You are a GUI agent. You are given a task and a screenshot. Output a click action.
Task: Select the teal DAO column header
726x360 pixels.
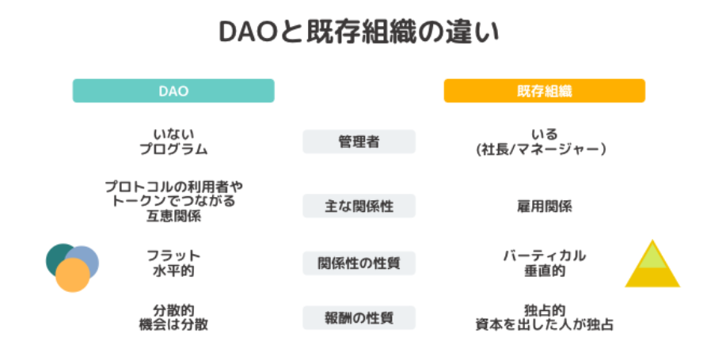173,91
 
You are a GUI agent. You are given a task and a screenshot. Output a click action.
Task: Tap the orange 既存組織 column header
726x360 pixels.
545,91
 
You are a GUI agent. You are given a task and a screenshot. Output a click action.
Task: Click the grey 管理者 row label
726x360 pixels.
359,142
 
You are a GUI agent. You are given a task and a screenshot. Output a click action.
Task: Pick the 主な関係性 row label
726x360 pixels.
359,206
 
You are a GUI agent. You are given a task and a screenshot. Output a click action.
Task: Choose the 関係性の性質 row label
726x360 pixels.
359,263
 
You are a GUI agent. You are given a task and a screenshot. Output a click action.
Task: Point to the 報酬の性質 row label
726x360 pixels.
359,318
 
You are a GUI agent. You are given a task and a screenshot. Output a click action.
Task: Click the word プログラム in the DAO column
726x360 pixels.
173,150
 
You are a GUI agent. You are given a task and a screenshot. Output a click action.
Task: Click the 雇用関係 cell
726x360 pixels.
545,207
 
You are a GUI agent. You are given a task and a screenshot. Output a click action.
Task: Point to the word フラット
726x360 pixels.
173,255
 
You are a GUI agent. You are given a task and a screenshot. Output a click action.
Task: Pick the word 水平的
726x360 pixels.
173,271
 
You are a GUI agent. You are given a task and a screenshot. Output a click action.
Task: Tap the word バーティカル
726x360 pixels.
545,255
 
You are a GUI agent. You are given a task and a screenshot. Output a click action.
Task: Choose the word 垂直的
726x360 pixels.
545,271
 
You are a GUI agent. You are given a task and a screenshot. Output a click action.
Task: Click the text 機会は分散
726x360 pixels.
173,325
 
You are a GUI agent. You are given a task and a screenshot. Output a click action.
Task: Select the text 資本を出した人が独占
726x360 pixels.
545,325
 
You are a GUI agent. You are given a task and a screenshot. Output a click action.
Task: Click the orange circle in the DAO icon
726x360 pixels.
73,275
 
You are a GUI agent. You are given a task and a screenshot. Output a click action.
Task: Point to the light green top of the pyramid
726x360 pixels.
652,257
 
